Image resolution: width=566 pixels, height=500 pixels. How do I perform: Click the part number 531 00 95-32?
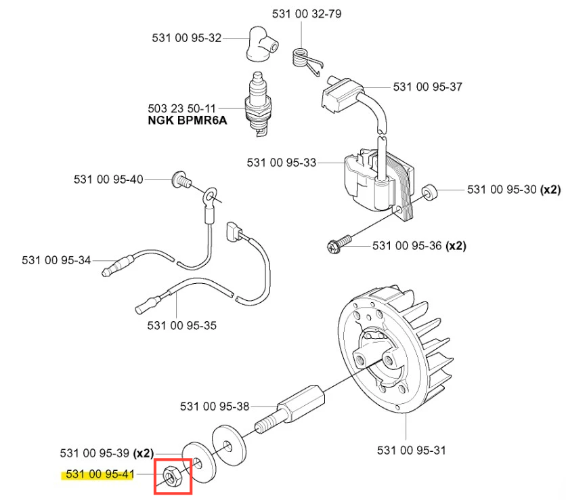[x=186, y=38]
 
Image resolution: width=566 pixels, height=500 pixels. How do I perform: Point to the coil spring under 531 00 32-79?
[x=302, y=56]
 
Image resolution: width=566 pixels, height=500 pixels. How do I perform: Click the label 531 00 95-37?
[x=427, y=87]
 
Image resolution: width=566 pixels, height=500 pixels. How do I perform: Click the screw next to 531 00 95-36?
[x=339, y=241]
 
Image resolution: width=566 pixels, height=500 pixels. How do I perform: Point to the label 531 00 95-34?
[x=56, y=259]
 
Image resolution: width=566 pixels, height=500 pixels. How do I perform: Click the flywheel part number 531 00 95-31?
[x=411, y=449]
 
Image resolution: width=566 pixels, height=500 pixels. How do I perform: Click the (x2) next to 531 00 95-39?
[x=144, y=453]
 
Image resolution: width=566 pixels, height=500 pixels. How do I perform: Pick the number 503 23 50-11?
[x=181, y=108]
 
